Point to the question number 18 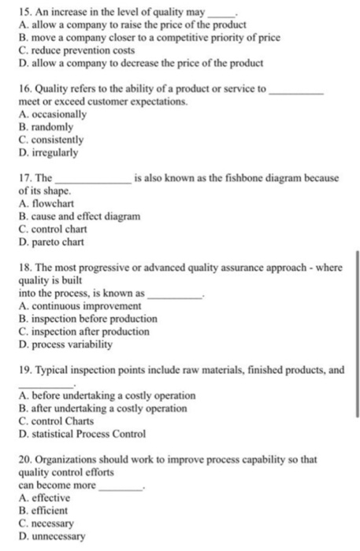[23, 268]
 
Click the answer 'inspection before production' [88, 319]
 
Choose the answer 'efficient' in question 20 [51, 510]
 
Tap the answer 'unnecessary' [58, 536]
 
